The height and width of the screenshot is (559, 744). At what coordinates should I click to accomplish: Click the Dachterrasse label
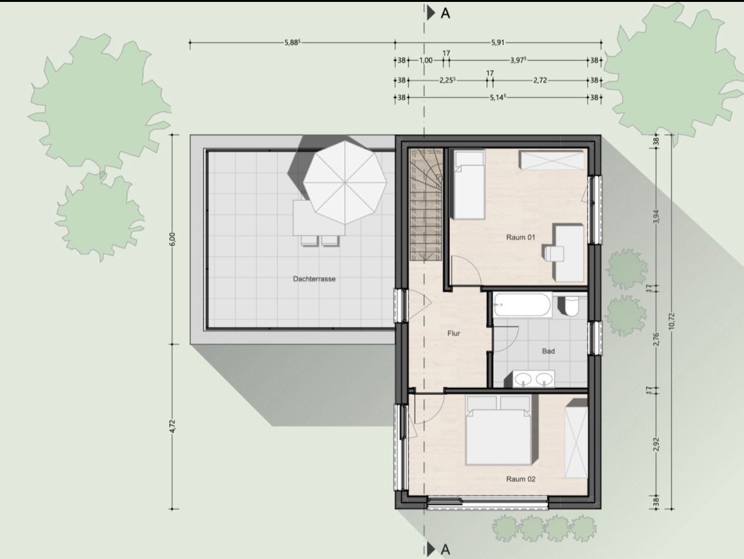tap(314, 279)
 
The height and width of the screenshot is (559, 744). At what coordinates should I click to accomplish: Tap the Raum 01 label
tap(521, 237)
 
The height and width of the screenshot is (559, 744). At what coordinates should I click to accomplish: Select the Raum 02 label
tap(521, 479)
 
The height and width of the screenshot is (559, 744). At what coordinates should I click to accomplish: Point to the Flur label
tap(454, 334)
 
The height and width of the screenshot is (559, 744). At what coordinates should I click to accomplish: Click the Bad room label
tap(548, 351)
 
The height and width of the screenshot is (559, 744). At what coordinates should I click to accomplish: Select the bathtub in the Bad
tap(522, 305)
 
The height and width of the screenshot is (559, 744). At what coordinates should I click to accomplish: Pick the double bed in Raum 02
tap(499, 431)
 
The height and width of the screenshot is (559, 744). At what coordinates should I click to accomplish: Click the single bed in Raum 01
tap(468, 185)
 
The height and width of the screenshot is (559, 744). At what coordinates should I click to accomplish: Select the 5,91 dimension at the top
tap(498, 43)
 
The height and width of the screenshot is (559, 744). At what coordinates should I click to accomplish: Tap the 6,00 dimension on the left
tap(173, 239)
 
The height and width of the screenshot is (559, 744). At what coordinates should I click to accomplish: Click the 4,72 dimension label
tap(173, 426)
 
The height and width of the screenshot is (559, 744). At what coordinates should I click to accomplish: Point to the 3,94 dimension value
tap(656, 217)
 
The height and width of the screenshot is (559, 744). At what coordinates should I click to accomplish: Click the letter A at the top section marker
tap(445, 13)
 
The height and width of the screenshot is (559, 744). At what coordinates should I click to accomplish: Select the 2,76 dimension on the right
tap(656, 339)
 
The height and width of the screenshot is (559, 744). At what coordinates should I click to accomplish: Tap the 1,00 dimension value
tap(425, 60)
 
